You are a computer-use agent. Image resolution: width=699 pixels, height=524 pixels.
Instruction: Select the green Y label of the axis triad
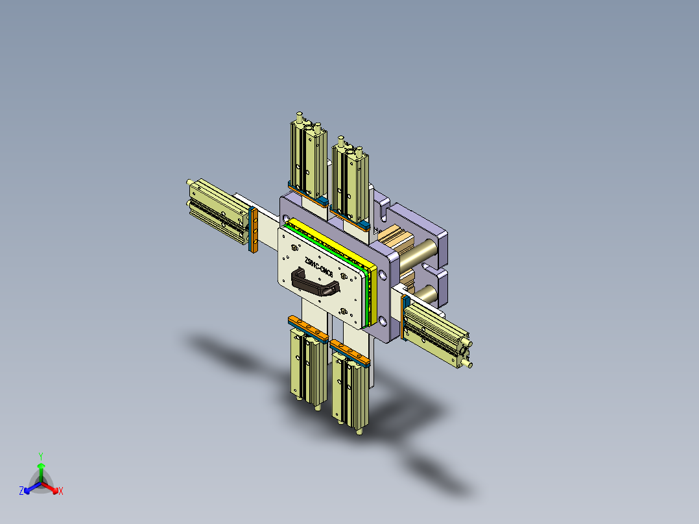tap(40, 456)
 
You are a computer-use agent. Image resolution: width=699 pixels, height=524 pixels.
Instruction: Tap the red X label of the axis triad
tap(61, 492)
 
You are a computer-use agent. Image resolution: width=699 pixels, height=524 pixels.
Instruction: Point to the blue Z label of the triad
tap(21, 492)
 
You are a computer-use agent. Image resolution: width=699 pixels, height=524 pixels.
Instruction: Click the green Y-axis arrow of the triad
tap(40, 470)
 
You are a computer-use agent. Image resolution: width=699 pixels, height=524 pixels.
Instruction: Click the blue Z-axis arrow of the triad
tap(30, 488)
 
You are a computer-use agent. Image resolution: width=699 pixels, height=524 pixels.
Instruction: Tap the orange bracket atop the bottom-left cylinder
tap(309, 328)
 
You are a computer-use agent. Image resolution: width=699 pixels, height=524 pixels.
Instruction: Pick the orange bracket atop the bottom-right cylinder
tap(350, 351)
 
